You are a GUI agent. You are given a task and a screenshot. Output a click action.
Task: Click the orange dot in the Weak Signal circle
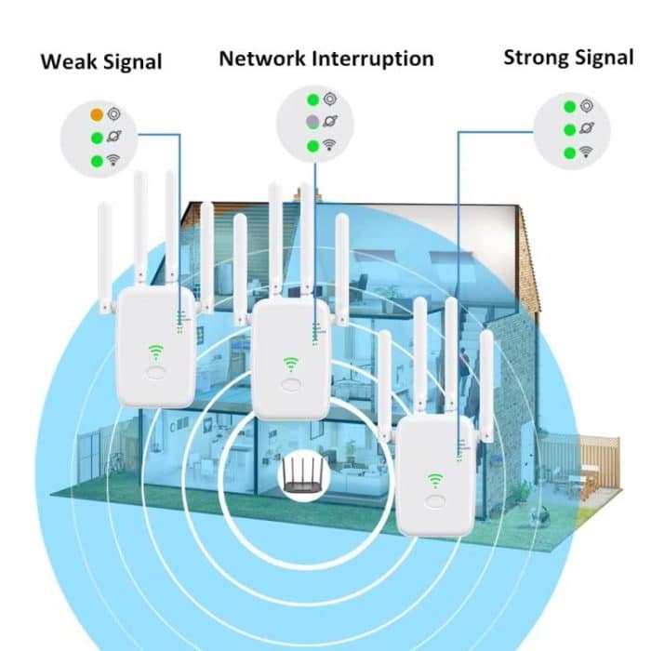point(97,115)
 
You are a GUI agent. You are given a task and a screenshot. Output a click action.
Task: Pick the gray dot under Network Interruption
point(313,122)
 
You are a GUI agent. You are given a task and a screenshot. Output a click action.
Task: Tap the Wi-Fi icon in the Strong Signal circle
point(586,153)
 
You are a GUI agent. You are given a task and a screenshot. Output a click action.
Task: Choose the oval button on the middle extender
point(290,384)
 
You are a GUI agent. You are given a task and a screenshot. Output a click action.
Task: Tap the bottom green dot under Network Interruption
point(313,145)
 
